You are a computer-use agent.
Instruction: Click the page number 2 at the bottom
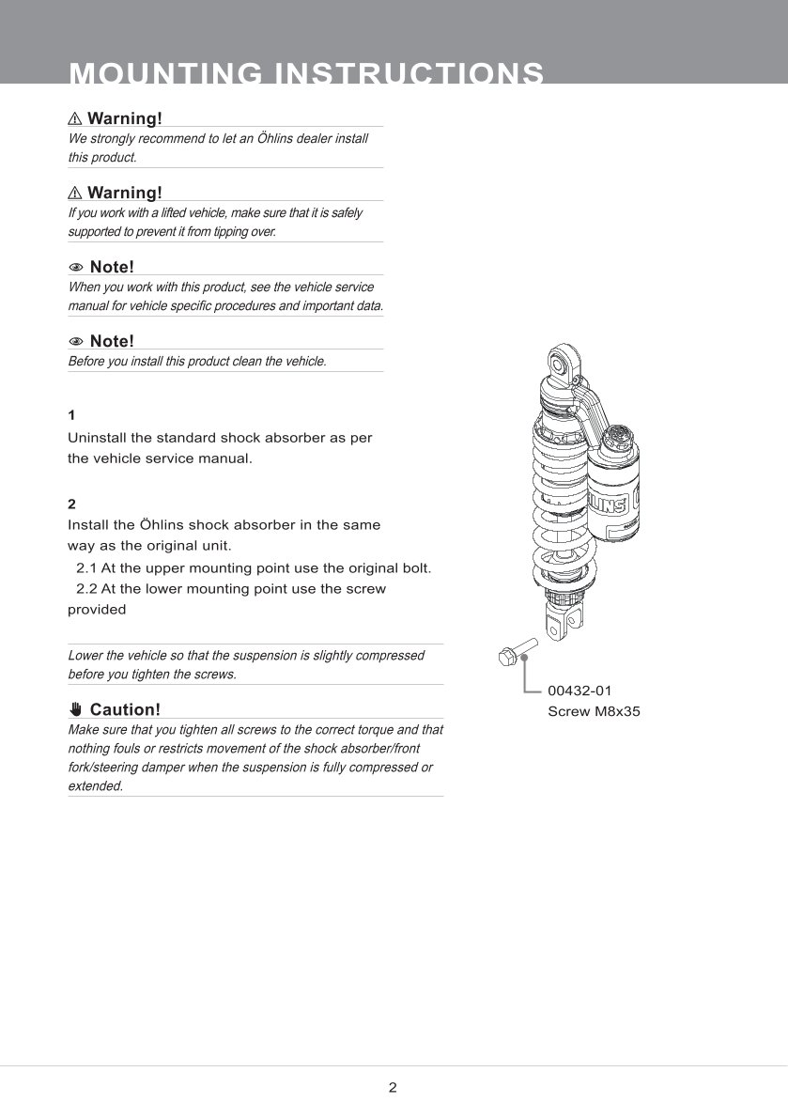pos(393,1088)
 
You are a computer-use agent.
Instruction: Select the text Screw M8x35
pos(594,711)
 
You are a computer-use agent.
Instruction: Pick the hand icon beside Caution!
pos(76,709)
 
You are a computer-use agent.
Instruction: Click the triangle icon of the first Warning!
pos(75,118)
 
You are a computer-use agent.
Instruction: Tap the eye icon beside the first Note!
pos(76,267)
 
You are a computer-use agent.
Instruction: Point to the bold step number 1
pos(71,414)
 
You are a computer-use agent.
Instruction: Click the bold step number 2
pos(71,505)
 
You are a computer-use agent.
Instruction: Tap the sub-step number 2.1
pos(86,568)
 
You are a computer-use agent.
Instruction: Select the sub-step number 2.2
pos(86,589)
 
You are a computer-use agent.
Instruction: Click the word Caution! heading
pos(125,709)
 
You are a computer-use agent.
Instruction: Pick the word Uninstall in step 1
pos(99,438)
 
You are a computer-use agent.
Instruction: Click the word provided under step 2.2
pos(97,610)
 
